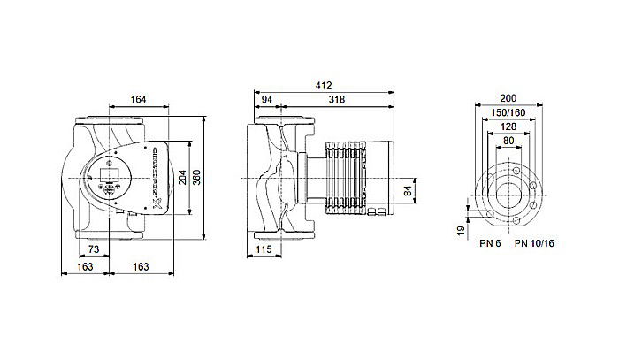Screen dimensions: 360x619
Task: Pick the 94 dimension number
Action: [267, 99]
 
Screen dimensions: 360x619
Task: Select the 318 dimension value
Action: [336, 99]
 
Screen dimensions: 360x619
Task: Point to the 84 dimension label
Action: [407, 188]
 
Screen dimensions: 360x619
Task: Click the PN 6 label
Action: [489, 243]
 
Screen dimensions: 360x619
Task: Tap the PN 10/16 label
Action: [533, 243]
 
